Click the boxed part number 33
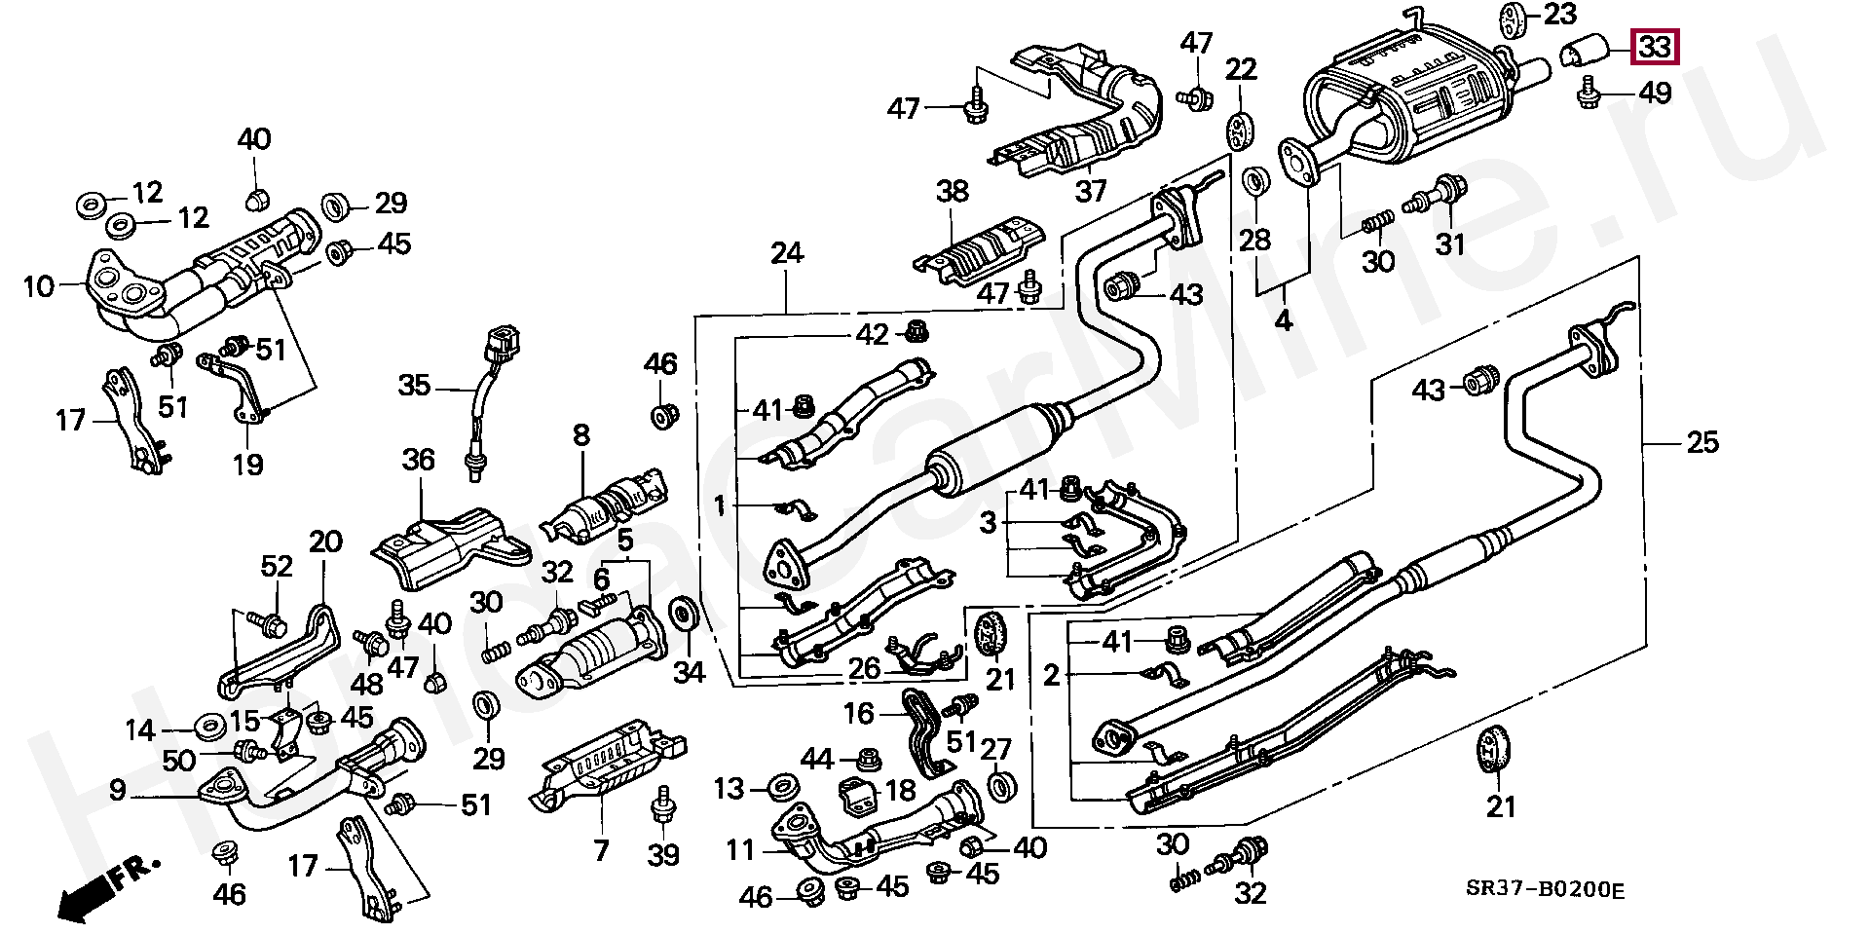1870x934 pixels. (x=1655, y=46)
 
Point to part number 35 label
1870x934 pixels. (x=414, y=386)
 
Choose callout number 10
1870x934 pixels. (x=39, y=286)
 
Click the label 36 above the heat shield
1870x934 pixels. (x=419, y=459)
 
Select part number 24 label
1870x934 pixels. (x=787, y=253)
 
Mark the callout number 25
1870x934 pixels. (x=1702, y=442)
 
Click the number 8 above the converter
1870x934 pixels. (x=581, y=434)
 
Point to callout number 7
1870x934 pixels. (x=601, y=850)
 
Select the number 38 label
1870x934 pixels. (x=952, y=191)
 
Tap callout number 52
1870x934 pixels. (x=277, y=565)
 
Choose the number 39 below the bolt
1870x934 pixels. (x=663, y=854)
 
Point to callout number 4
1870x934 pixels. (x=1284, y=318)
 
